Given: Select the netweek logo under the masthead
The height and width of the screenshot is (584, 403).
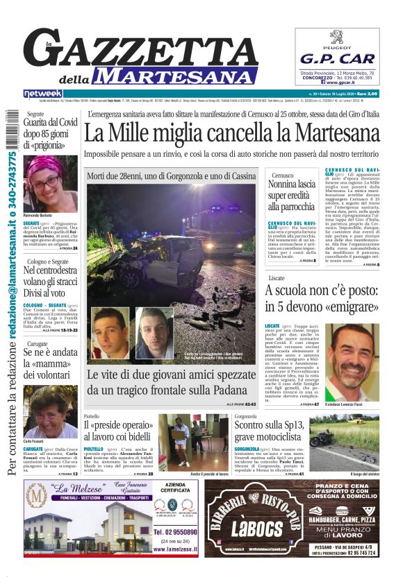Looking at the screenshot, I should coord(42,94).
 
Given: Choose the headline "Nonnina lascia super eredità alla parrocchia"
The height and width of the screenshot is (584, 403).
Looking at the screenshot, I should coord(292,195).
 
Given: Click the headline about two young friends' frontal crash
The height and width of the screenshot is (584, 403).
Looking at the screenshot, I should coord(171,381).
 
